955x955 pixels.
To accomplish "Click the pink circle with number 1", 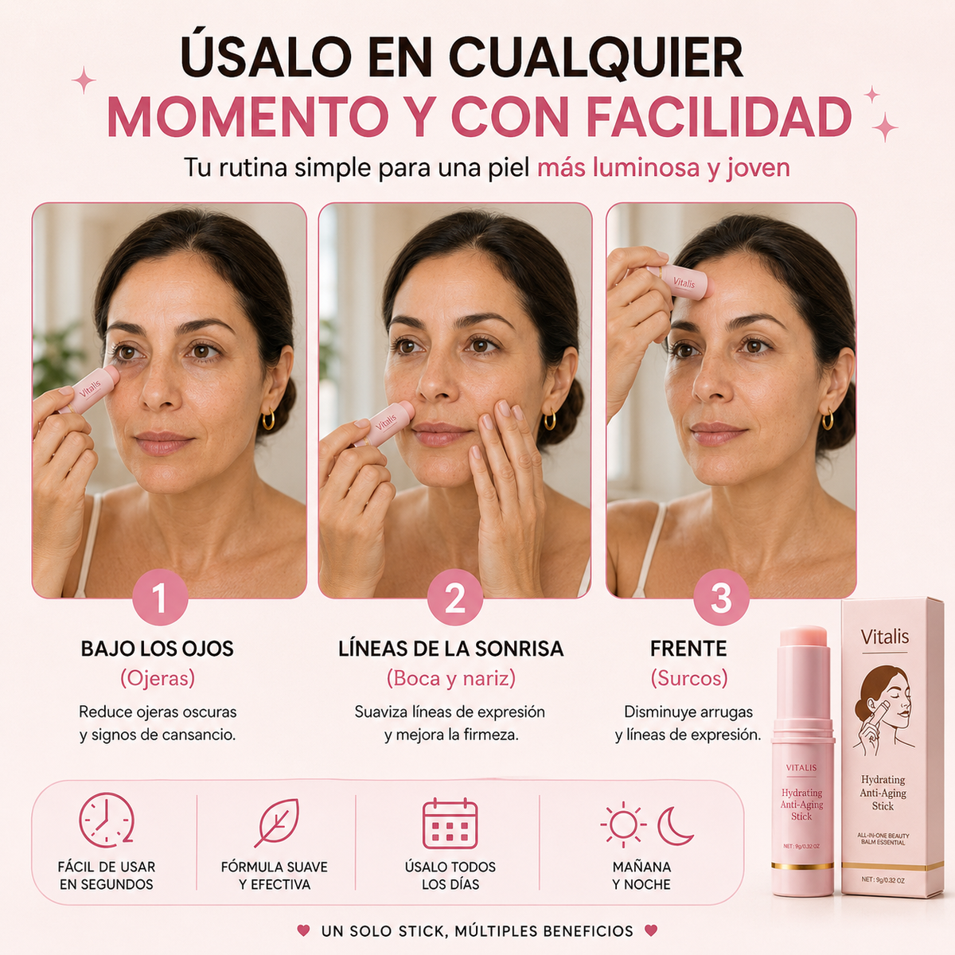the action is click(160, 597).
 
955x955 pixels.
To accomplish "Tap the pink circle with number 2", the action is click(455, 597).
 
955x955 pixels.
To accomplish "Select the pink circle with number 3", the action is click(721, 597).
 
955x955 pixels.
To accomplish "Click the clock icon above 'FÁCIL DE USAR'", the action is click(107, 821).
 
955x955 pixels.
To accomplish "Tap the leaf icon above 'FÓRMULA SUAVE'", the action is click(278, 822).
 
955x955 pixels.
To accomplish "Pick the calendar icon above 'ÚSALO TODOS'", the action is click(450, 823).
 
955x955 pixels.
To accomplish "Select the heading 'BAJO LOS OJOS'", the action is click(157, 649).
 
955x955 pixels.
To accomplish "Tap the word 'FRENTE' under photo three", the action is click(688, 649).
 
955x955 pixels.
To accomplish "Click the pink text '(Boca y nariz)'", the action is click(451, 678).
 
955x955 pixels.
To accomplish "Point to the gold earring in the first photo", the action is click(268, 419).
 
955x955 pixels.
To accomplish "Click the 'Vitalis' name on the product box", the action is click(885, 637).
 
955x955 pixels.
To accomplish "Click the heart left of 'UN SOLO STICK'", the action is click(303, 930).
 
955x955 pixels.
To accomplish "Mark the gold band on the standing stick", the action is click(802, 879).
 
